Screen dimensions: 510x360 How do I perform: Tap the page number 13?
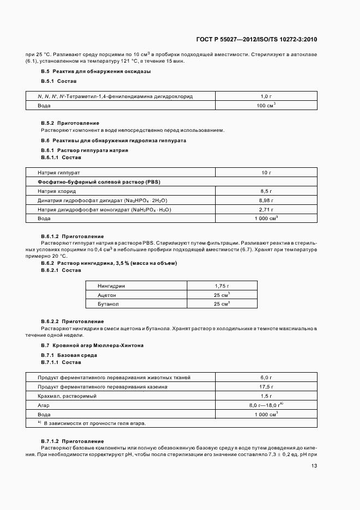tap(314, 466)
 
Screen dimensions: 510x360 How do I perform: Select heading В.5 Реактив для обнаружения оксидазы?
tap(96, 71)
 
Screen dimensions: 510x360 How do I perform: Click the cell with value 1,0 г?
tap(266, 96)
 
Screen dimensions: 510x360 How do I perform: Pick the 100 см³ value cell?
tap(266, 105)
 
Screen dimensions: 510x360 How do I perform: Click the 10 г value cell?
tap(266, 172)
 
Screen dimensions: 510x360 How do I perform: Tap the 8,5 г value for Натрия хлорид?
tap(266, 191)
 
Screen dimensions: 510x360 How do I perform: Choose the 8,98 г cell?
tap(266, 201)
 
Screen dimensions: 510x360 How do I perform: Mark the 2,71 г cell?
tap(266, 209)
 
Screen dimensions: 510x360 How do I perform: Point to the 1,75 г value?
tap(221, 286)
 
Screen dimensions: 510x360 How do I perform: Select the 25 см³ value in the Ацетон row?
tap(221, 295)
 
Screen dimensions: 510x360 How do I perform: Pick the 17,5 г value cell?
tap(266, 386)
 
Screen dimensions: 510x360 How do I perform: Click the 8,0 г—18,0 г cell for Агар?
tap(265, 405)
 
